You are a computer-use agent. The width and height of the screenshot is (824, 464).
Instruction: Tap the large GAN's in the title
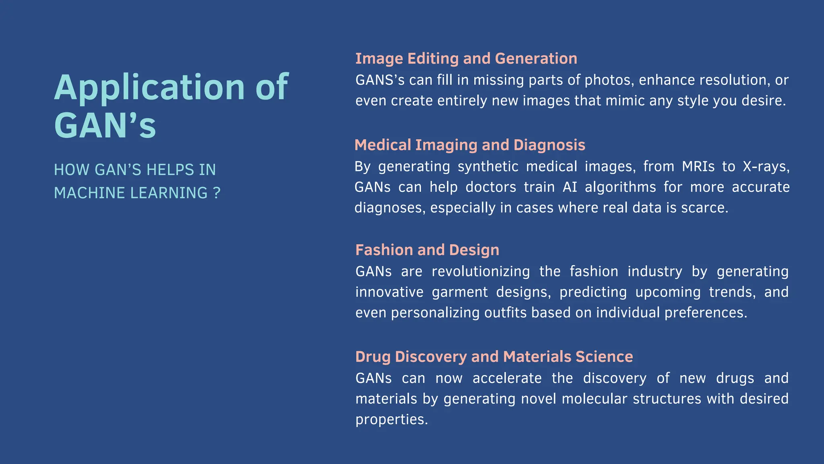point(105,126)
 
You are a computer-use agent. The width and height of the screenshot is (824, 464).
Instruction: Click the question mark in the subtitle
point(217,193)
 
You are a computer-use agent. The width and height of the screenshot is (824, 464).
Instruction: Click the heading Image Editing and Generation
point(466,59)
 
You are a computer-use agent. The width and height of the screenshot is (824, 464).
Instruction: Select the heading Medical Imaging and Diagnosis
point(470,145)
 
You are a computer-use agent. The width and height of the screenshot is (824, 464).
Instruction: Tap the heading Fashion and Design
point(427,250)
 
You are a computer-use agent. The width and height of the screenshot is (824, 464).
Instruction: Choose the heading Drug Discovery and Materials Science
point(494,357)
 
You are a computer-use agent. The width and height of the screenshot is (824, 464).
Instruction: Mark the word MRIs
point(698,166)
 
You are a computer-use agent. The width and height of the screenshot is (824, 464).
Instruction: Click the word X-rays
point(766,166)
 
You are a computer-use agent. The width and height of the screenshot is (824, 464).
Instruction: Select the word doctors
point(490,187)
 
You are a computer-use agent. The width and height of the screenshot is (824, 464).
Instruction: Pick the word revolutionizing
point(480,271)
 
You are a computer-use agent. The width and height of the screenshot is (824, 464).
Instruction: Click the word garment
point(459,292)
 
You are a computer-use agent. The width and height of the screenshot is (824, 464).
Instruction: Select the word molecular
point(594,399)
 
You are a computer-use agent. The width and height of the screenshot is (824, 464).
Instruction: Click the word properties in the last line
point(391,420)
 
